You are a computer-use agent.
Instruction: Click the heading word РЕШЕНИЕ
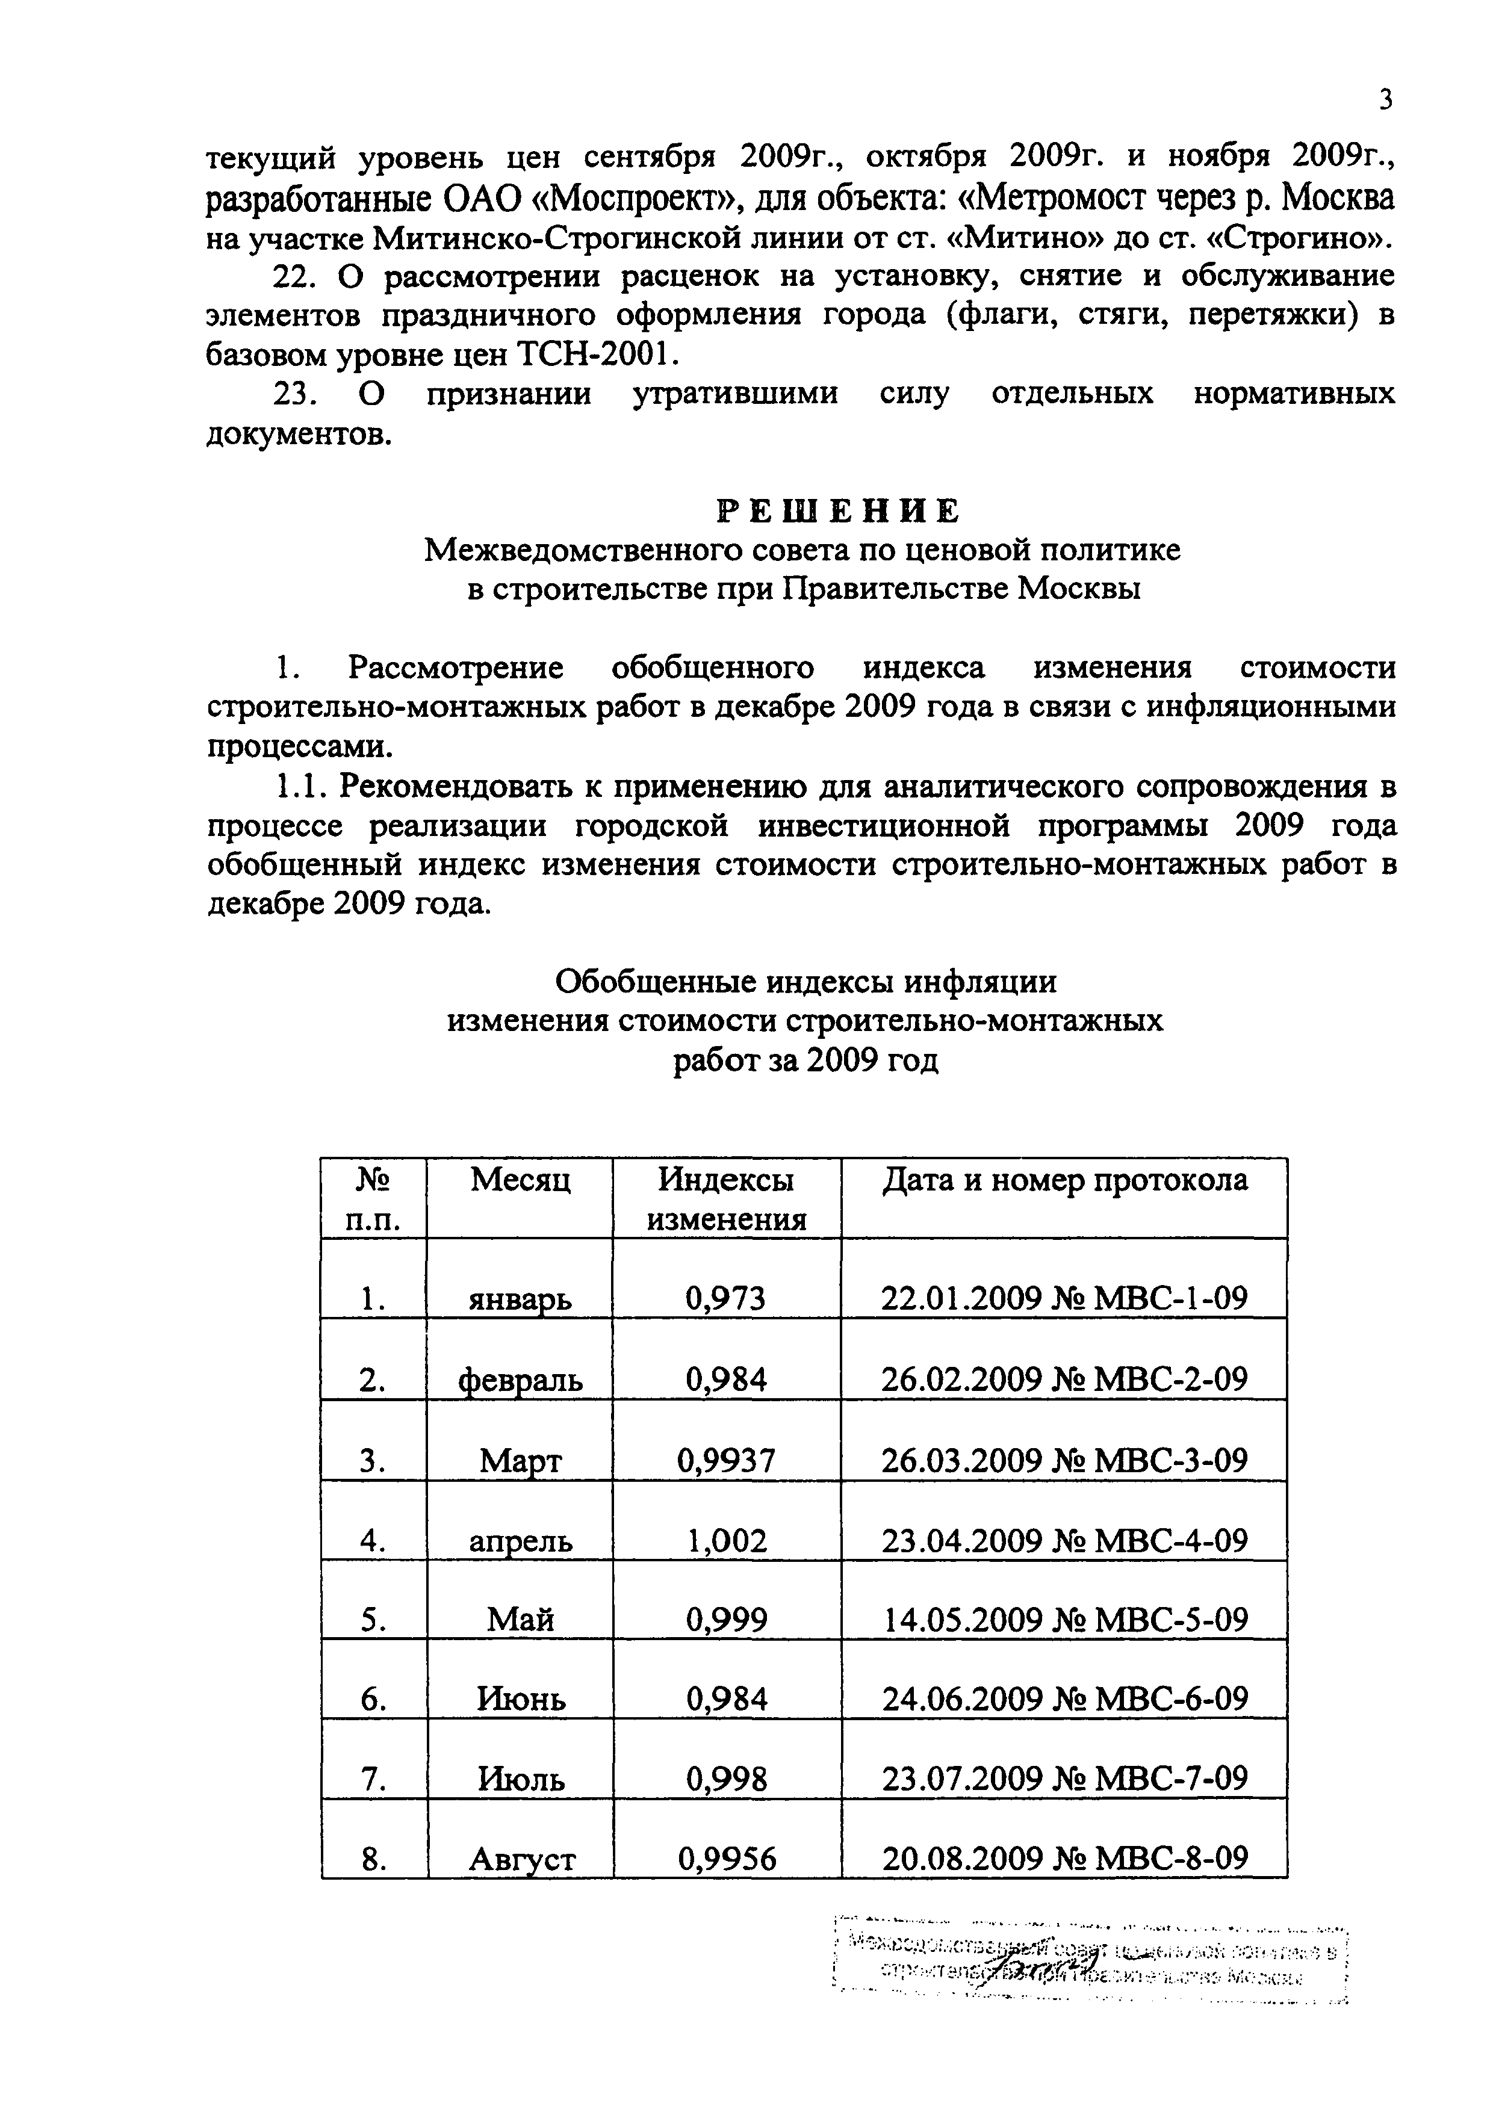pyautogui.click(x=838, y=510)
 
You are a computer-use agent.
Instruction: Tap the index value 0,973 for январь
pyautogui.click(x=726, y=1298)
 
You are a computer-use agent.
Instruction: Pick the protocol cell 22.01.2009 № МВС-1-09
pyautogui.click(x=1064, y=1298)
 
